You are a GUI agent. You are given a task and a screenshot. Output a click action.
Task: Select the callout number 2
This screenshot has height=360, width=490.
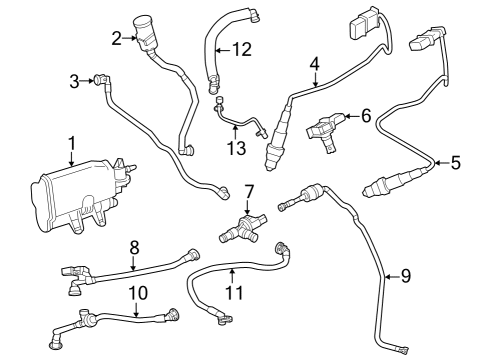coord(117,38)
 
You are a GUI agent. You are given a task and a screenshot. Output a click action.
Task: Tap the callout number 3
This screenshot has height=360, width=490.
coord(75,80)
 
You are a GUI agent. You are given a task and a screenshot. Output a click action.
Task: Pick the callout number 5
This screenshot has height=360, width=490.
coord(456,160)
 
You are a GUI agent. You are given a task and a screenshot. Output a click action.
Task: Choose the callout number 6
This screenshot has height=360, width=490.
coord(366,116)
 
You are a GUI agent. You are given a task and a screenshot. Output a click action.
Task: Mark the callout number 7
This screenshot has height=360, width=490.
coord(249,189)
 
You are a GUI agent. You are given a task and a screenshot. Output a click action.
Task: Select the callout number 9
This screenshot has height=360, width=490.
coord(405,274)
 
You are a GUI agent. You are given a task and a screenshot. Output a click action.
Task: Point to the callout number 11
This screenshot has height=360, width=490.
coord(232,294)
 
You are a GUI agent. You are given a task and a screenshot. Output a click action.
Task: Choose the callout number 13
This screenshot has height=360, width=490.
coord(235,149)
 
